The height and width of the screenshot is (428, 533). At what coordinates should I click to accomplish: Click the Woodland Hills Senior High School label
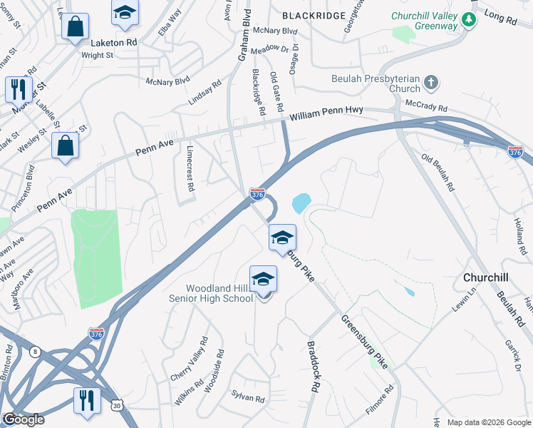point(219,293)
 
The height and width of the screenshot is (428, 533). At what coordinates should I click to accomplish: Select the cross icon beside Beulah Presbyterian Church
point(430,83)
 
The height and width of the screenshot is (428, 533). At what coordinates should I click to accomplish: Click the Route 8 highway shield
point(34,351)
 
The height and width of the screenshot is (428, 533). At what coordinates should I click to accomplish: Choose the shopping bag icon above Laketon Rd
point(75,27)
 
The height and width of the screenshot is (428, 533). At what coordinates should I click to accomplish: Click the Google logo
point(24,420)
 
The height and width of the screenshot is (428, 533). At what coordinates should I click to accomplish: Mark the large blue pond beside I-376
point(301,203)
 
